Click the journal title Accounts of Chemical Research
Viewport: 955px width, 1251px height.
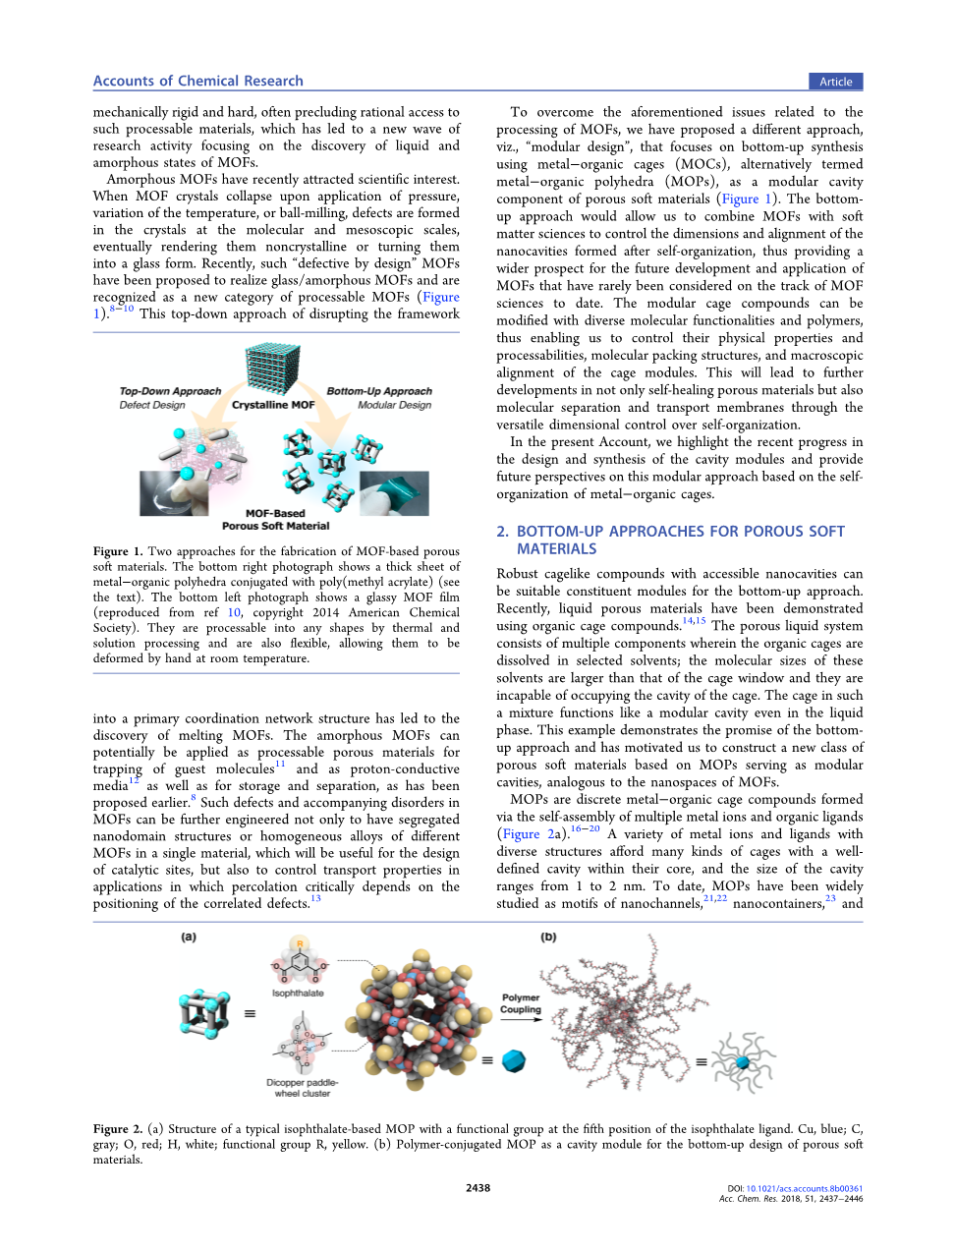click(197, 82)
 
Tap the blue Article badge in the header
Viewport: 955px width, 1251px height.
click(835, 82)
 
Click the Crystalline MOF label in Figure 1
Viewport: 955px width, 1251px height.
click(273, 405)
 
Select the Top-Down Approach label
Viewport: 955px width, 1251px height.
click(170, 391)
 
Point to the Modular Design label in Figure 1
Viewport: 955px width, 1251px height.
click(394, 405)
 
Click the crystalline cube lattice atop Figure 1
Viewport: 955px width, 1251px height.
click(272, 368)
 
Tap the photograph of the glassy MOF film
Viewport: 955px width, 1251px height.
click(174, 493)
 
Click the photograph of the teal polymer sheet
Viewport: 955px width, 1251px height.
click(393, 493)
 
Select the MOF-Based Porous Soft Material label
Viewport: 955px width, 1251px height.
click(275, 520)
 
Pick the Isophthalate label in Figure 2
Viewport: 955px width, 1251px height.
click(298, 994)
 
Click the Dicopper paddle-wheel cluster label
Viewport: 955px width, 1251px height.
click(302, 1088)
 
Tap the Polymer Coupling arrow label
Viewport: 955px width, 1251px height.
click(521, 1003)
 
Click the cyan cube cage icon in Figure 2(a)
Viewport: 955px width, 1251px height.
click(204, 1013)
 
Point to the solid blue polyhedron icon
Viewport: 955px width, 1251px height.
click(514, 1061)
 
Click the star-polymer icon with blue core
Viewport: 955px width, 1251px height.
click(743, 1062)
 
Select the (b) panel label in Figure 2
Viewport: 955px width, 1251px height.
click(548, 938)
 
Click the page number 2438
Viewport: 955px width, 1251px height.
click(477, 1188)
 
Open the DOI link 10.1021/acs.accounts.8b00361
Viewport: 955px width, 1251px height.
click(804, 1188)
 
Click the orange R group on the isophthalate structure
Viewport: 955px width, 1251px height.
click(299, 944)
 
